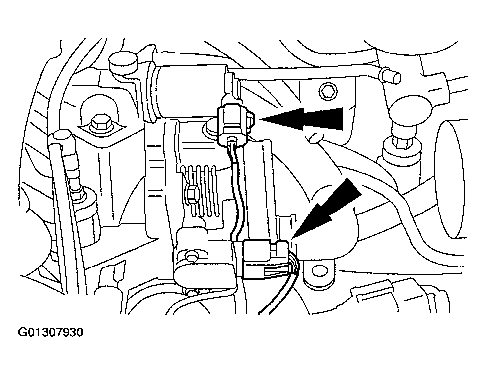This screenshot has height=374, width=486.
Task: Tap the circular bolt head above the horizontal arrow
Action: [327, 91]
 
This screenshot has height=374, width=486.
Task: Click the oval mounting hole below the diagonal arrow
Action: [316, 272]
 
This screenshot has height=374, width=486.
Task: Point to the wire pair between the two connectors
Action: [237, 188]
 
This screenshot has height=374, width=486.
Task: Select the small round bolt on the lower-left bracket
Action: [190, 256]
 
